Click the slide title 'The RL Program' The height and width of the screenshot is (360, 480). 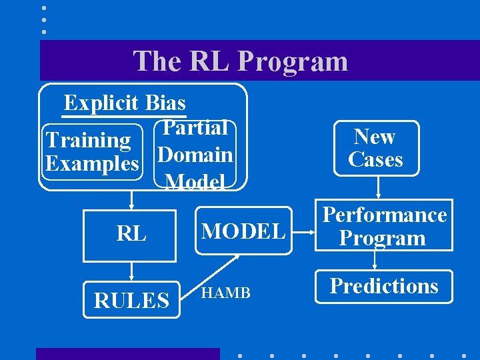pyautogui.click(x=241, y=61)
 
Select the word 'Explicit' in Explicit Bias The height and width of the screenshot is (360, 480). pyautogui.click(x=102, y=103)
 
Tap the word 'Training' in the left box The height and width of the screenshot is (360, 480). pyautogui.click(x=88, y=140)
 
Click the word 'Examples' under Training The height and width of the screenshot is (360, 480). pyautogui.click(x=92, y=163)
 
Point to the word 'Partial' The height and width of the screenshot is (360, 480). pyautogui.click(x=196, y=128)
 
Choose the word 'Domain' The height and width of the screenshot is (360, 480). pyautogui.click(x=196, y=155)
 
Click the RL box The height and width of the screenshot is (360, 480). pyautogui.click(x=131, y=235)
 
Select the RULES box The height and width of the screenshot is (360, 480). pyautogui.click(x=131, y=300)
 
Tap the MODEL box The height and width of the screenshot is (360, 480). pyautogui.click(x=243, y=231)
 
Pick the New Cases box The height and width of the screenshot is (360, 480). pyautogui.click(x=375, y=148)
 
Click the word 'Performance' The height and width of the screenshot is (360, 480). pyautogui.click(x=385, y=215)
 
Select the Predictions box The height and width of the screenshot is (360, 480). pyautogui.click(x=384, y=286)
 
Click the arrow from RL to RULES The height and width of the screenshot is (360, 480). pyautogui.click(x=131, y=271)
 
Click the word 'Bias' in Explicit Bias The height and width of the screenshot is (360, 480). pyautogui.click(x=165, y=103)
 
